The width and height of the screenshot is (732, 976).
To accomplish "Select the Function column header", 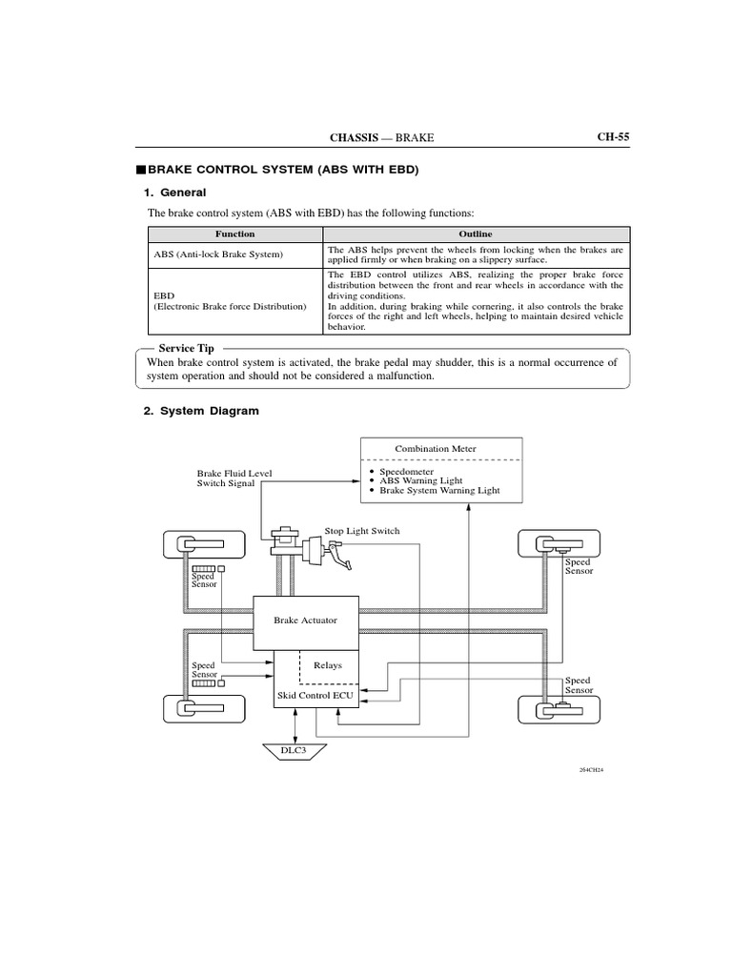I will pyautogui.click(x=234, y=234).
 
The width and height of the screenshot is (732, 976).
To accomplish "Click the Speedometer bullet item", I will pyautogui.click(x=406, y=471).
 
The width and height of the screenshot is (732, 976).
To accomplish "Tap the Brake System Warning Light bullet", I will pyautogui.click(x=438, y=490).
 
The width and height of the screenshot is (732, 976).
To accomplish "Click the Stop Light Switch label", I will pyautogui.click(x=362, y=530).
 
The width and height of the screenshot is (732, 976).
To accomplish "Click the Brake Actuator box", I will pyautogui.click(x=305, y=620).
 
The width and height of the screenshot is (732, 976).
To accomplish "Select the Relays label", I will pyautogui.click(x=327, y=665).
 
